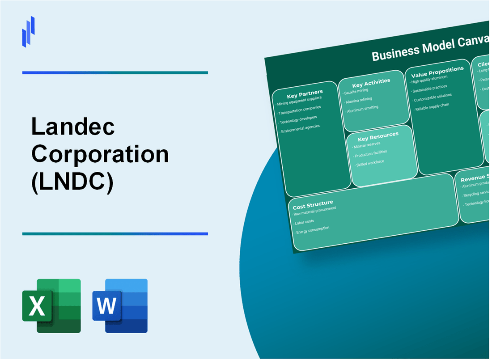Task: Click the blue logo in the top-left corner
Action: pyautogui.click(x=28, y=31)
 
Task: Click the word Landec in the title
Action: pyautogui.click(x=73, y=128)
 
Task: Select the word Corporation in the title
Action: pyautogui.click(x=100, y=154)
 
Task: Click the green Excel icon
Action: pyautogui.click(x=51, y=305)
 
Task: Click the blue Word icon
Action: pyautogui.click(x=120, y=305)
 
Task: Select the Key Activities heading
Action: pyautogui.click(x=371, y=82)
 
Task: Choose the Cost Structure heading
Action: pyautogui.click(x=313, y=205)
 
